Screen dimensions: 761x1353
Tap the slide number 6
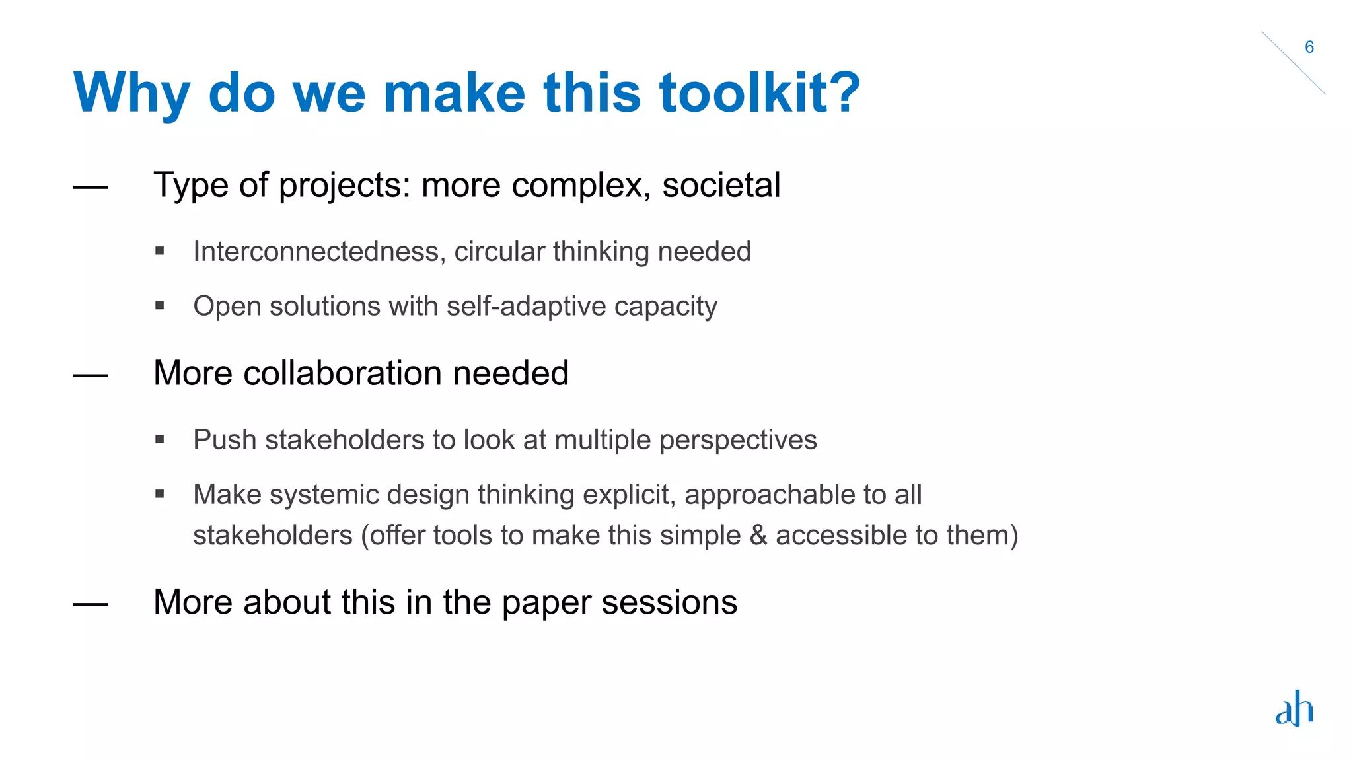[1309, 47]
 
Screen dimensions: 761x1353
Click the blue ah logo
[1294, 709]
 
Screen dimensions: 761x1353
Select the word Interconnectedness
[316, 252]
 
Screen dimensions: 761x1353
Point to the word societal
[721, 185]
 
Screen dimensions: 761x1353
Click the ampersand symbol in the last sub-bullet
[758, 535]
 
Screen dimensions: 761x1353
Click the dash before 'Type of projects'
[91, 188]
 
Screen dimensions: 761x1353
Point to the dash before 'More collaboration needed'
[91, 376]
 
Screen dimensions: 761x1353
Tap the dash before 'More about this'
[91, 604]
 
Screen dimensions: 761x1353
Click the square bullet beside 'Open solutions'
[159, 306]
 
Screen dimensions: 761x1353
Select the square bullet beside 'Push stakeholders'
[159, 439]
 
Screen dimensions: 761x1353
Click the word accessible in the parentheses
[841, 535]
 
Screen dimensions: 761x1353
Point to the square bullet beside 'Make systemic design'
[159, 494]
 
